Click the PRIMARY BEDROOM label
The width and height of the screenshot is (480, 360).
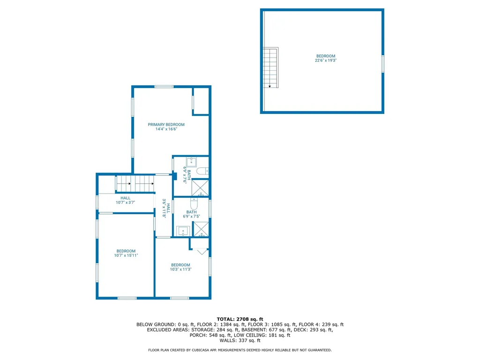[x=166, y=125]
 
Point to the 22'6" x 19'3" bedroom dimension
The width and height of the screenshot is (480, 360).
[x=326, y=60]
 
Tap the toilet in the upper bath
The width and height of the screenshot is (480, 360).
[x=202, y=171]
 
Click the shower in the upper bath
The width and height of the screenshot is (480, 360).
[x=201, y=187]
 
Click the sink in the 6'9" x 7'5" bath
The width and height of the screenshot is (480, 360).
[x=182, y=230]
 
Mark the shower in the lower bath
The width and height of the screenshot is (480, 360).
[x=201, y=229]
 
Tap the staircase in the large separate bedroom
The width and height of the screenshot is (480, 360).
[x=270, y=68]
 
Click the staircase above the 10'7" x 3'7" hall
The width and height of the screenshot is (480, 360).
[x=135, y=184]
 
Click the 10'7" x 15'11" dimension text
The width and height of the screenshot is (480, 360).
[x=126, y=255]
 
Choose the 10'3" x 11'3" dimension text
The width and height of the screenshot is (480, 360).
[x=180, y=270]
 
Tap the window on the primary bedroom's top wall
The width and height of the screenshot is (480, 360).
[x=164, y=87]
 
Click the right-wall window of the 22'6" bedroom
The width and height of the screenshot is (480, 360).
[x=383, y=64]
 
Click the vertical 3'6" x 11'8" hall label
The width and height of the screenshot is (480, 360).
[x=165, y=208]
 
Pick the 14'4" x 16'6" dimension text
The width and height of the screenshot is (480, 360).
[x=166, y=129]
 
